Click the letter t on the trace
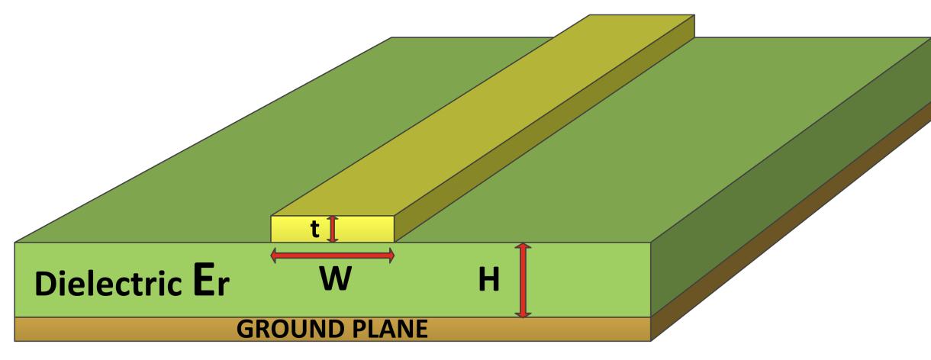(x=315, y=229)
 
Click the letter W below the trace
(x=335, y=281)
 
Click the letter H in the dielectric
(x=488, y=281)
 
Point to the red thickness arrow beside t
(x=332, y=229)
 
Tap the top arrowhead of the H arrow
(x=523, y=247)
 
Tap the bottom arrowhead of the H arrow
(x=523, y=313)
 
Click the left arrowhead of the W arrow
(x=275, y=256)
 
